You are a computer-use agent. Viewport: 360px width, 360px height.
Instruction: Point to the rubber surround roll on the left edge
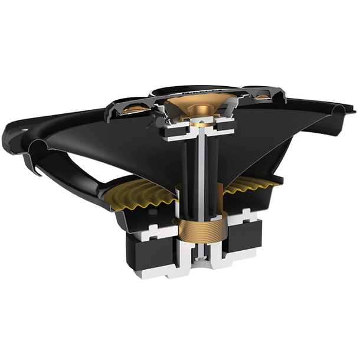[x=37, y=145]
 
